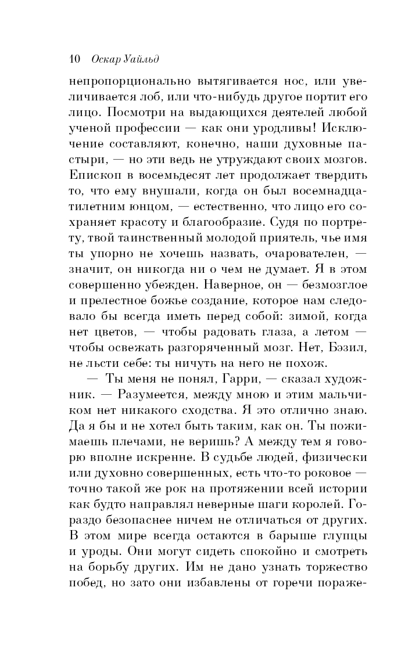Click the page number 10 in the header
pyautogui.click(x=74, y=60)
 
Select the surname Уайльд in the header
pyautogui.click(x=143, y=60)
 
